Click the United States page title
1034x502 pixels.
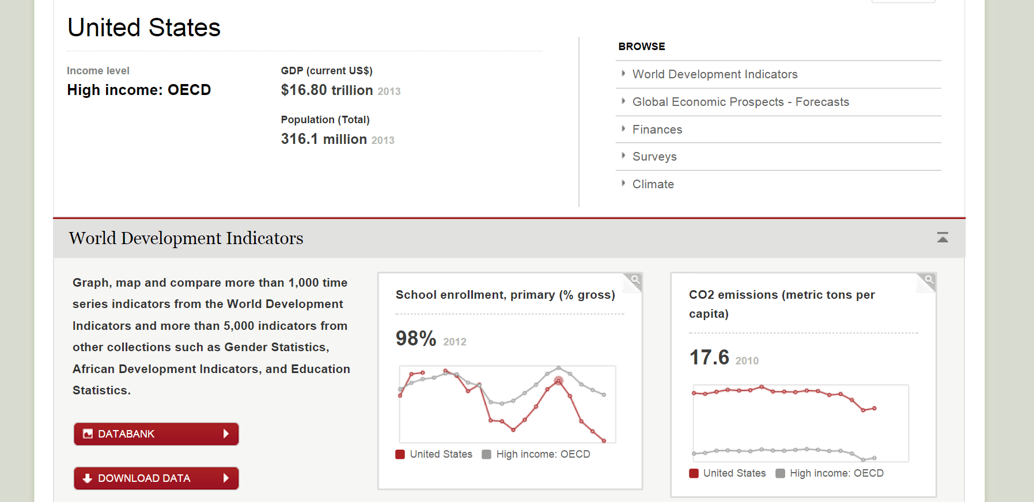[144, 28]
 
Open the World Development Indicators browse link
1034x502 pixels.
[714, 74]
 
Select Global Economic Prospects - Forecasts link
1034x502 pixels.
[740, 102]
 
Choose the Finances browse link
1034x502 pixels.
[657, 130]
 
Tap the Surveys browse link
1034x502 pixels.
[654, 157]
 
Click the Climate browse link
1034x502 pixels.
[653, 184]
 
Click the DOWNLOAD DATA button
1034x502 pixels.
[156, 478]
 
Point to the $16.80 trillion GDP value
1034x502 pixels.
[327, 90]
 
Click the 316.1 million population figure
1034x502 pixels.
[324, 139]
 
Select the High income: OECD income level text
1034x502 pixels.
[139, 90]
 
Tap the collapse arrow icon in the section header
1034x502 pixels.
[942, 237]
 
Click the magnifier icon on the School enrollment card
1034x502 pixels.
[634, 280]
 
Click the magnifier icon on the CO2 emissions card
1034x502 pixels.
[928, 280]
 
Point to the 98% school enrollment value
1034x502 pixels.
[416, 339]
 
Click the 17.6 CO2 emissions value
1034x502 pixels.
[709, 358]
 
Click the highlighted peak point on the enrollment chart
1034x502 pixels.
[558, 381]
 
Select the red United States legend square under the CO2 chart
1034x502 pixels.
[694, 473]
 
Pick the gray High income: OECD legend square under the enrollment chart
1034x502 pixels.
[486, 454]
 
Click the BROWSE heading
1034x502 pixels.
[641, 47]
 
